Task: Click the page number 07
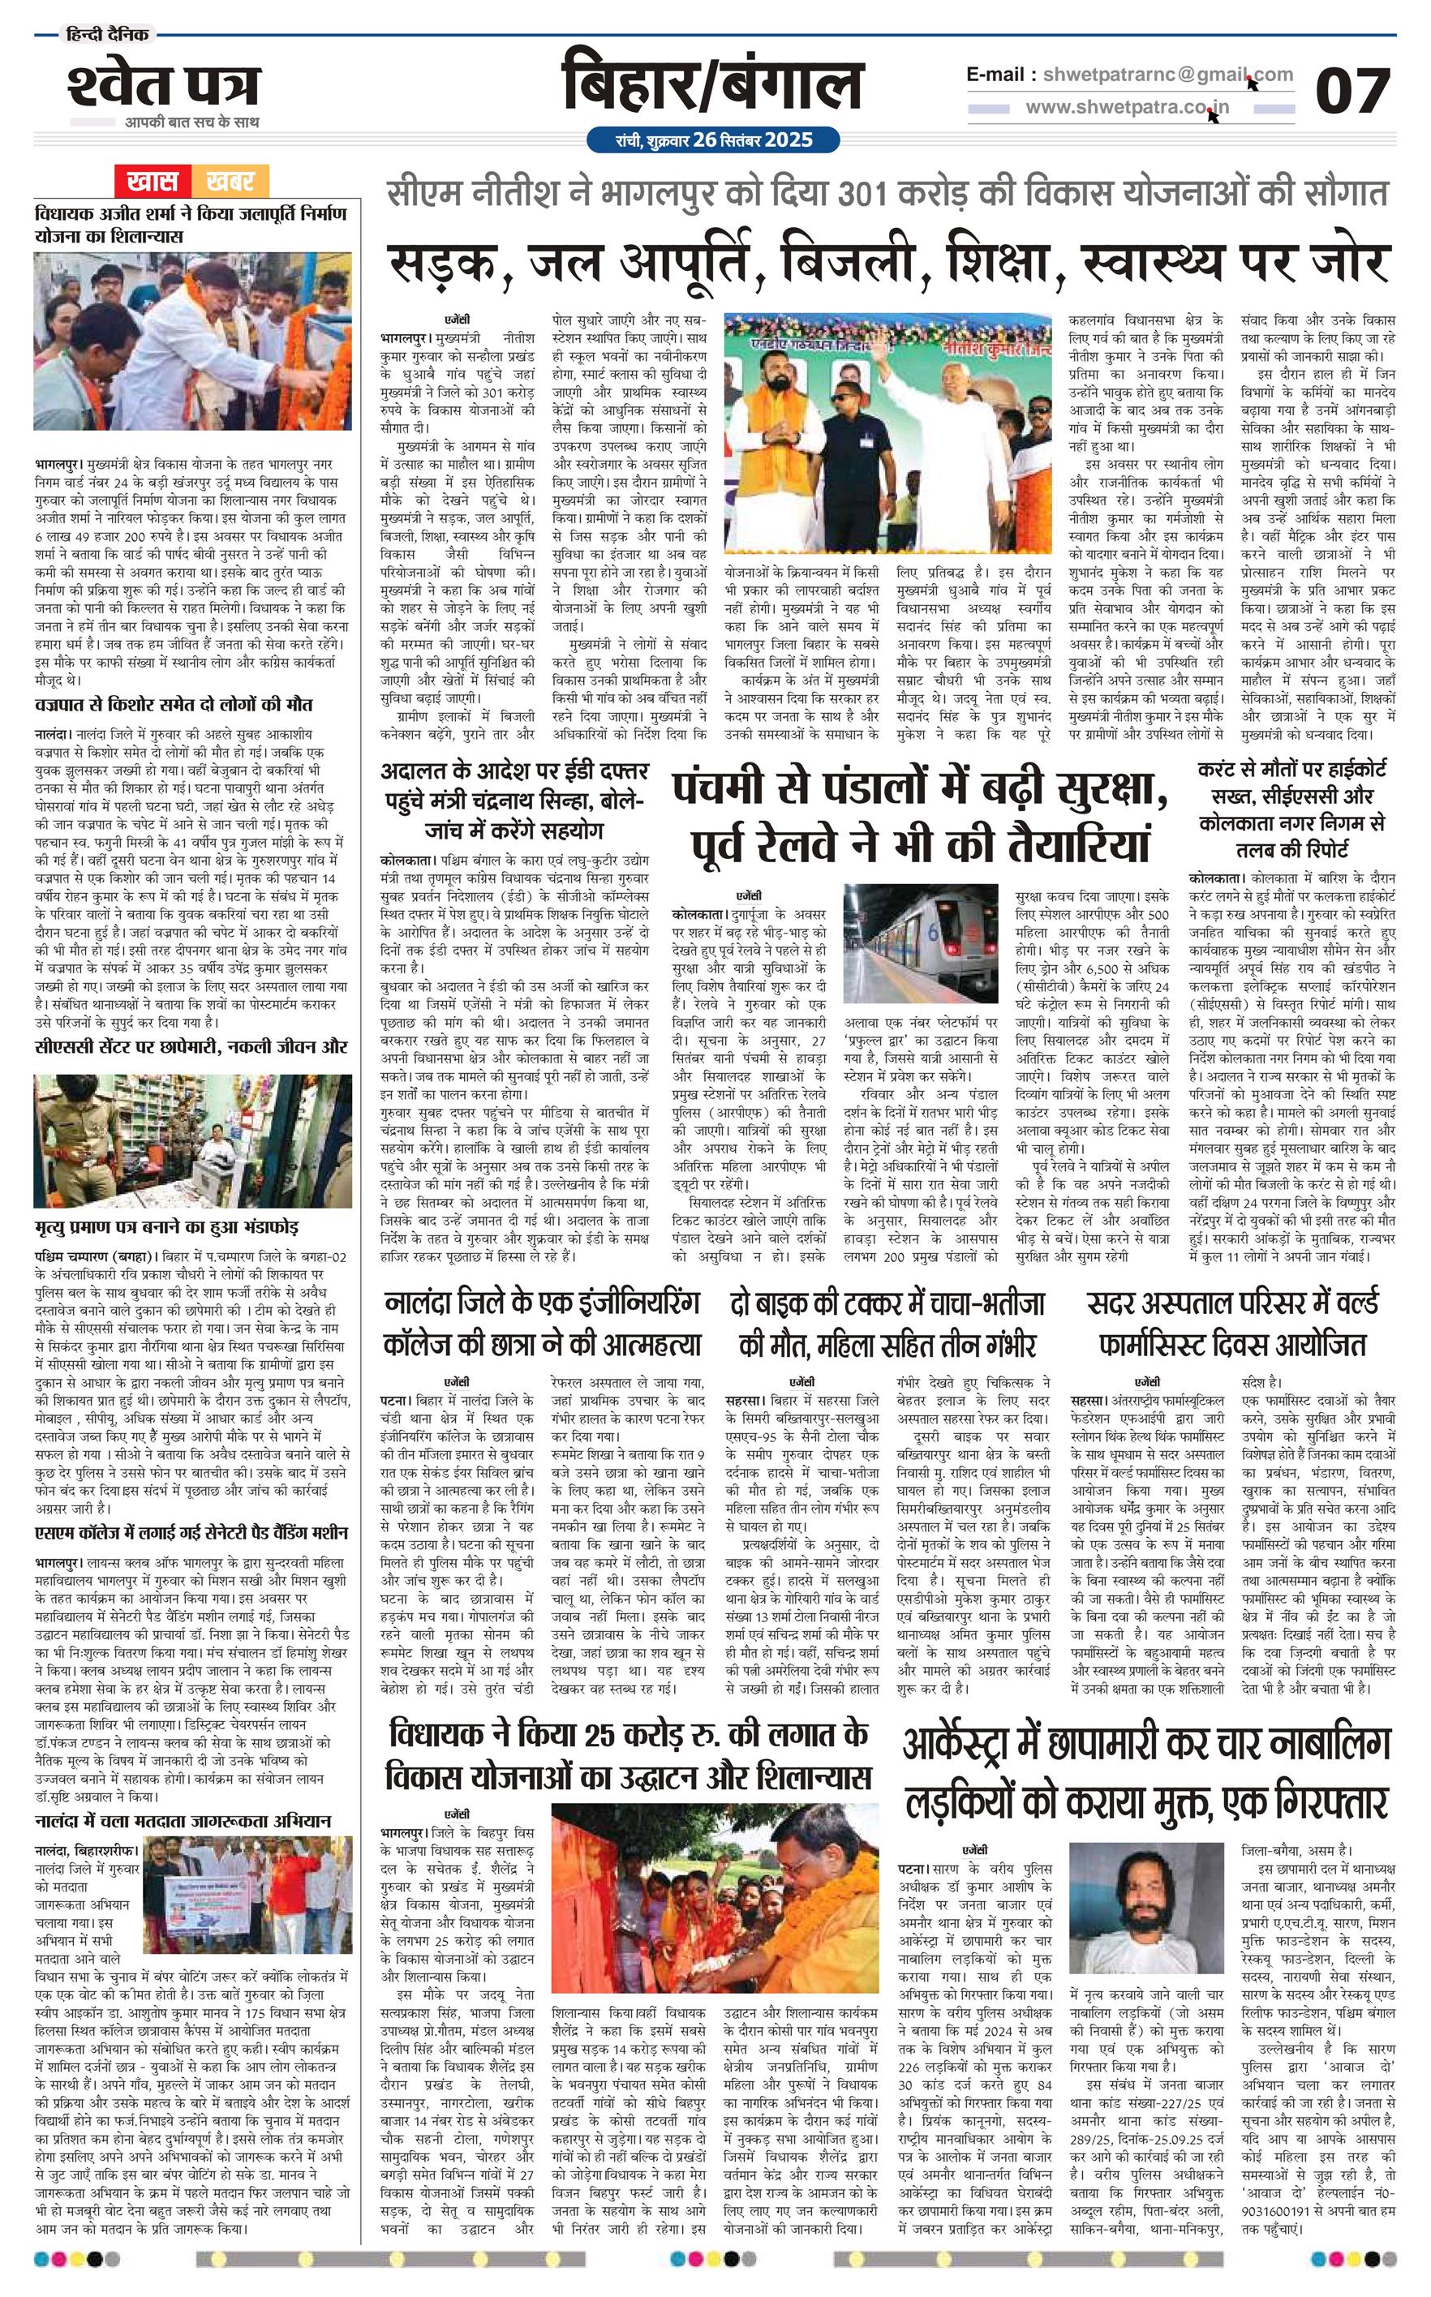tap(1351, 92)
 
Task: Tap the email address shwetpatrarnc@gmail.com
tap(1168, 75)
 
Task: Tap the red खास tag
tap(152, 180)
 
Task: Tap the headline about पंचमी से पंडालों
tap(920, 814)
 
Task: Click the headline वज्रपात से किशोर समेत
tap(174, 704)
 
